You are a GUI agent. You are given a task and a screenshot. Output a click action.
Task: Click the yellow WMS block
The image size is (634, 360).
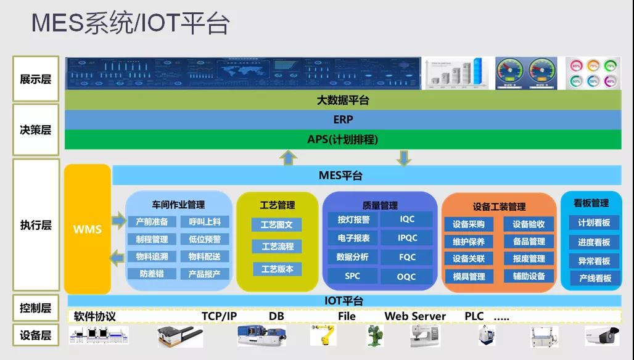pos(88,229)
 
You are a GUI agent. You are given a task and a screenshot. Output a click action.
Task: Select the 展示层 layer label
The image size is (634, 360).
pos(35,79)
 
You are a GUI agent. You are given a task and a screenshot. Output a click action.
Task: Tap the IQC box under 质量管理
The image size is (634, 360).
pos(406,219)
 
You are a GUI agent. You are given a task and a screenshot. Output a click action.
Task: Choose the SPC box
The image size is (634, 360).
pos(352,276)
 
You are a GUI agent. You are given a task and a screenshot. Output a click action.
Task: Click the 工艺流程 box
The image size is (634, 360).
pos(277,247)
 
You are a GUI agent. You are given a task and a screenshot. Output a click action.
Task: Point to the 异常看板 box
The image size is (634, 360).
pos(593,261)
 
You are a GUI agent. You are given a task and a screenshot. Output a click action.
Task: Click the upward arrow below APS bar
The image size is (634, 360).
pos(288,157)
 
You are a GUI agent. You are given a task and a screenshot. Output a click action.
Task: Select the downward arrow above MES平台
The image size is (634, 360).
pos(403,157)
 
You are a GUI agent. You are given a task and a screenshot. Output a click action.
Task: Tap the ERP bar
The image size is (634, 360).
pos(343,120)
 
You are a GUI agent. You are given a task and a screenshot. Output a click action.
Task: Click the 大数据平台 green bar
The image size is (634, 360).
pos(343,100)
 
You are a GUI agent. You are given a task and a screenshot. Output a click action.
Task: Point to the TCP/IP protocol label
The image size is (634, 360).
pos(219,316)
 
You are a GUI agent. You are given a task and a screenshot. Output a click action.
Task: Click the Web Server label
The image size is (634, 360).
pos(415,316)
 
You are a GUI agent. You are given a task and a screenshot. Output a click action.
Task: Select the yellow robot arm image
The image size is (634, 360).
pos(323,335)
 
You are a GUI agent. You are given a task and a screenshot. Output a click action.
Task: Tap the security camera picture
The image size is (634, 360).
pos(601,336)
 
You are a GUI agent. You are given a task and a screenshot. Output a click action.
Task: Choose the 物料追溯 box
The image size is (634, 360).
pos(152,256)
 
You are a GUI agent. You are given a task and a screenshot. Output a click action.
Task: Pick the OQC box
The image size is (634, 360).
pos(406,277)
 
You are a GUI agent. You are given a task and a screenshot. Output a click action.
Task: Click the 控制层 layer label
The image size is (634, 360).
pos(35,308)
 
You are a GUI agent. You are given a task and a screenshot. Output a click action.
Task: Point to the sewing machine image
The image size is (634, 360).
pos(424,336)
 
